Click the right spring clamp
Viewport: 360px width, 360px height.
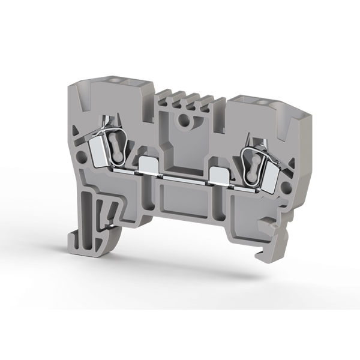[x=255, y=161]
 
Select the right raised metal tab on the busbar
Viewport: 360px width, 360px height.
[x=219, y=175]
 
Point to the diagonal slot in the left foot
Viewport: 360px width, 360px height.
[x=109, y=210]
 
